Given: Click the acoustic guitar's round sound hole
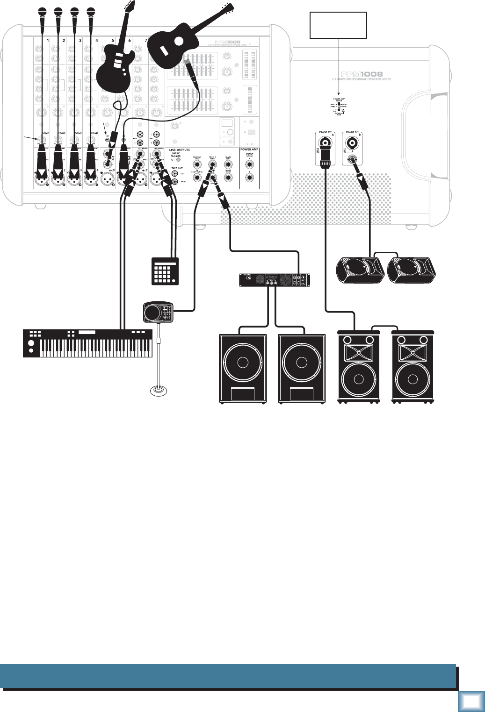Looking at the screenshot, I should click(178, 41).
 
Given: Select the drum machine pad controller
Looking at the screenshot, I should click(165, 271).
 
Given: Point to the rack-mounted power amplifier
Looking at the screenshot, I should click(275, 279).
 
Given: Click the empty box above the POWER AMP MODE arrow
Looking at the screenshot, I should click(339, 25).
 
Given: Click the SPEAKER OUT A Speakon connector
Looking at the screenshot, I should click(326, 142).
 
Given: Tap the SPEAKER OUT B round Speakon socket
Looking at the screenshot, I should click(353, 142).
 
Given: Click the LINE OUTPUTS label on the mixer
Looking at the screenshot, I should click(180, 150).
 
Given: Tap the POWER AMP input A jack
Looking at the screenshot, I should click(249, 164).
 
